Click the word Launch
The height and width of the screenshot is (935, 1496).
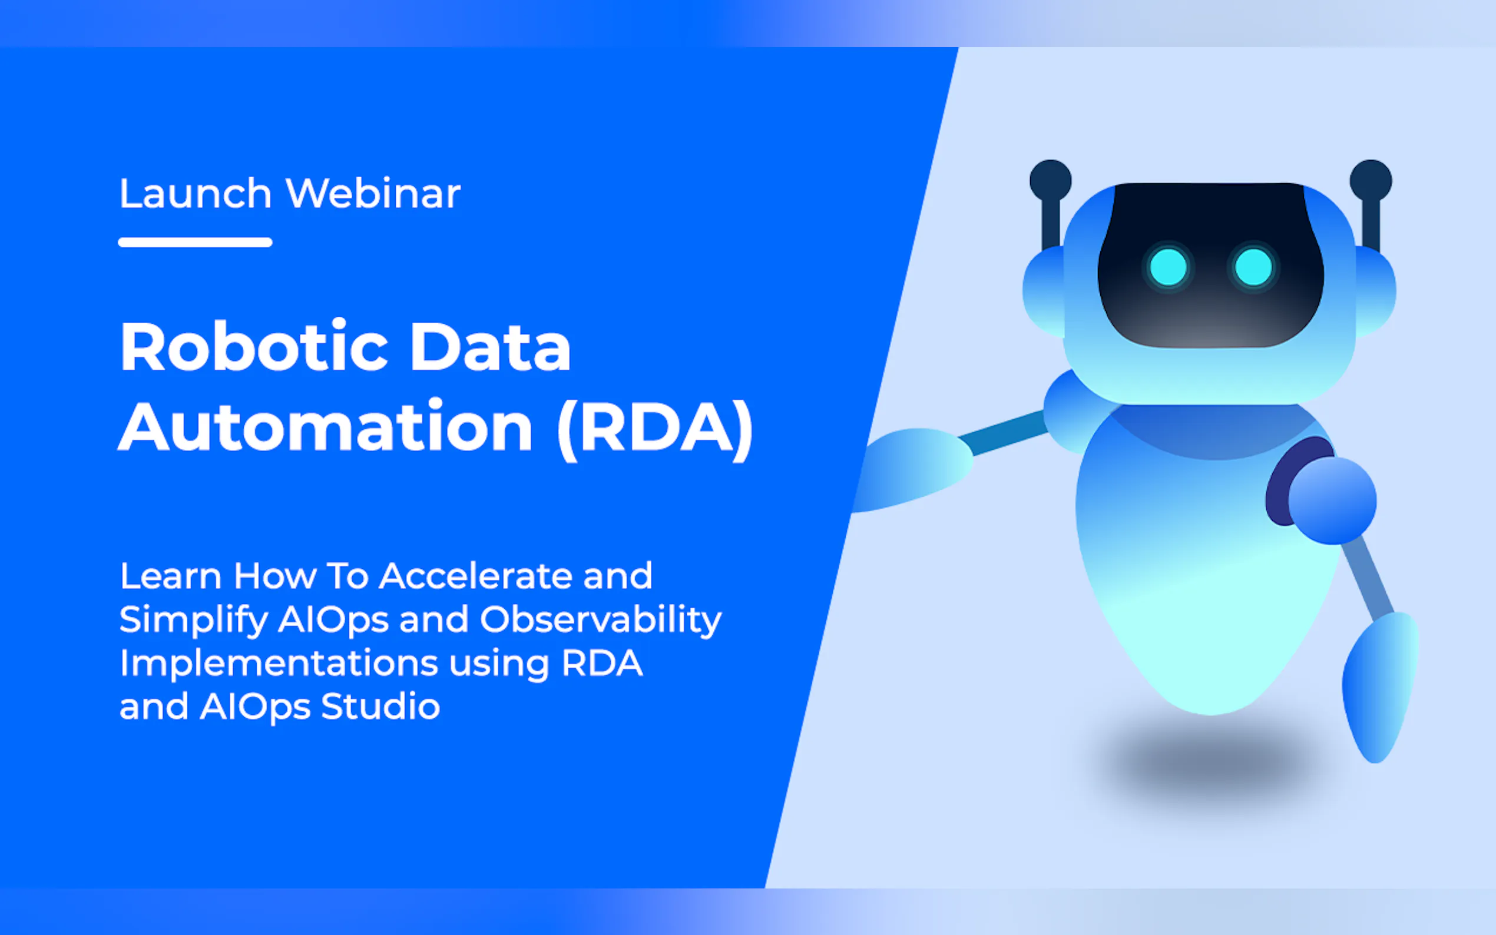[196, 194]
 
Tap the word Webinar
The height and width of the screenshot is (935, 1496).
[373, 194]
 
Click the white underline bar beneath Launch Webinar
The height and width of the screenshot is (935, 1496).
[196, 243]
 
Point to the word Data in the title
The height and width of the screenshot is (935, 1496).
[490, 347]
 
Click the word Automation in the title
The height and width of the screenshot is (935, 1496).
[325, 427]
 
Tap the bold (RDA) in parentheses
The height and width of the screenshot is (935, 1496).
[655, 429]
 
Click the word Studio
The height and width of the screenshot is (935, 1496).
[380, 706]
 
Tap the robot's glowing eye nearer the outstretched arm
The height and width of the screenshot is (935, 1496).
[1168, 268]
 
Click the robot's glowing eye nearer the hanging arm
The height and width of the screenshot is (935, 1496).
[1253, 268]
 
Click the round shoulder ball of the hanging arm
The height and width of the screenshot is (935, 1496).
[1333, 500]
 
